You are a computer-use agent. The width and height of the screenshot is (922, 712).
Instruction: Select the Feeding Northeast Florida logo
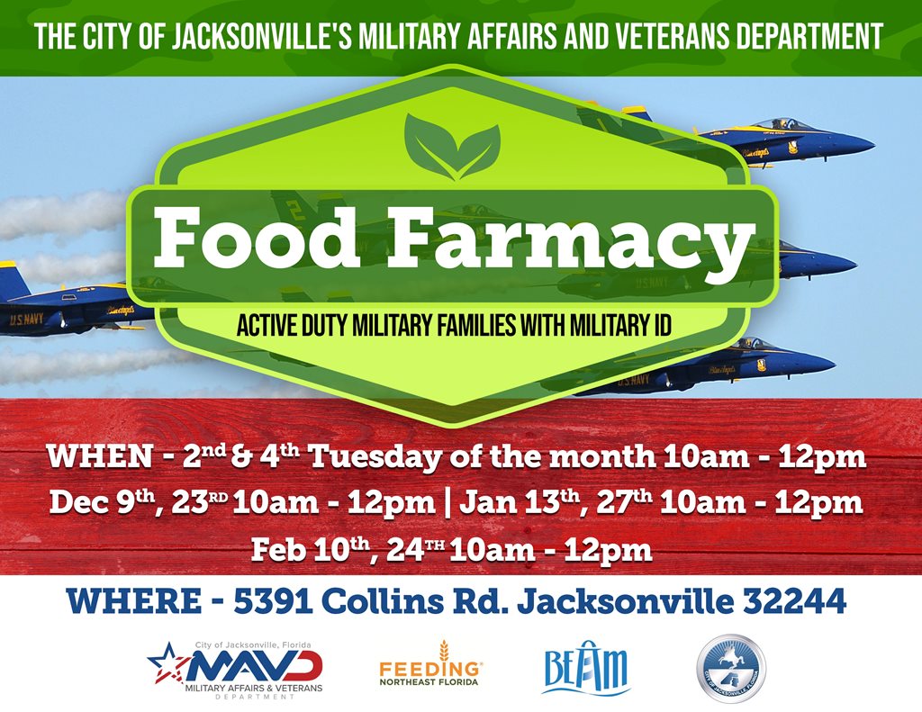point(430,664)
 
